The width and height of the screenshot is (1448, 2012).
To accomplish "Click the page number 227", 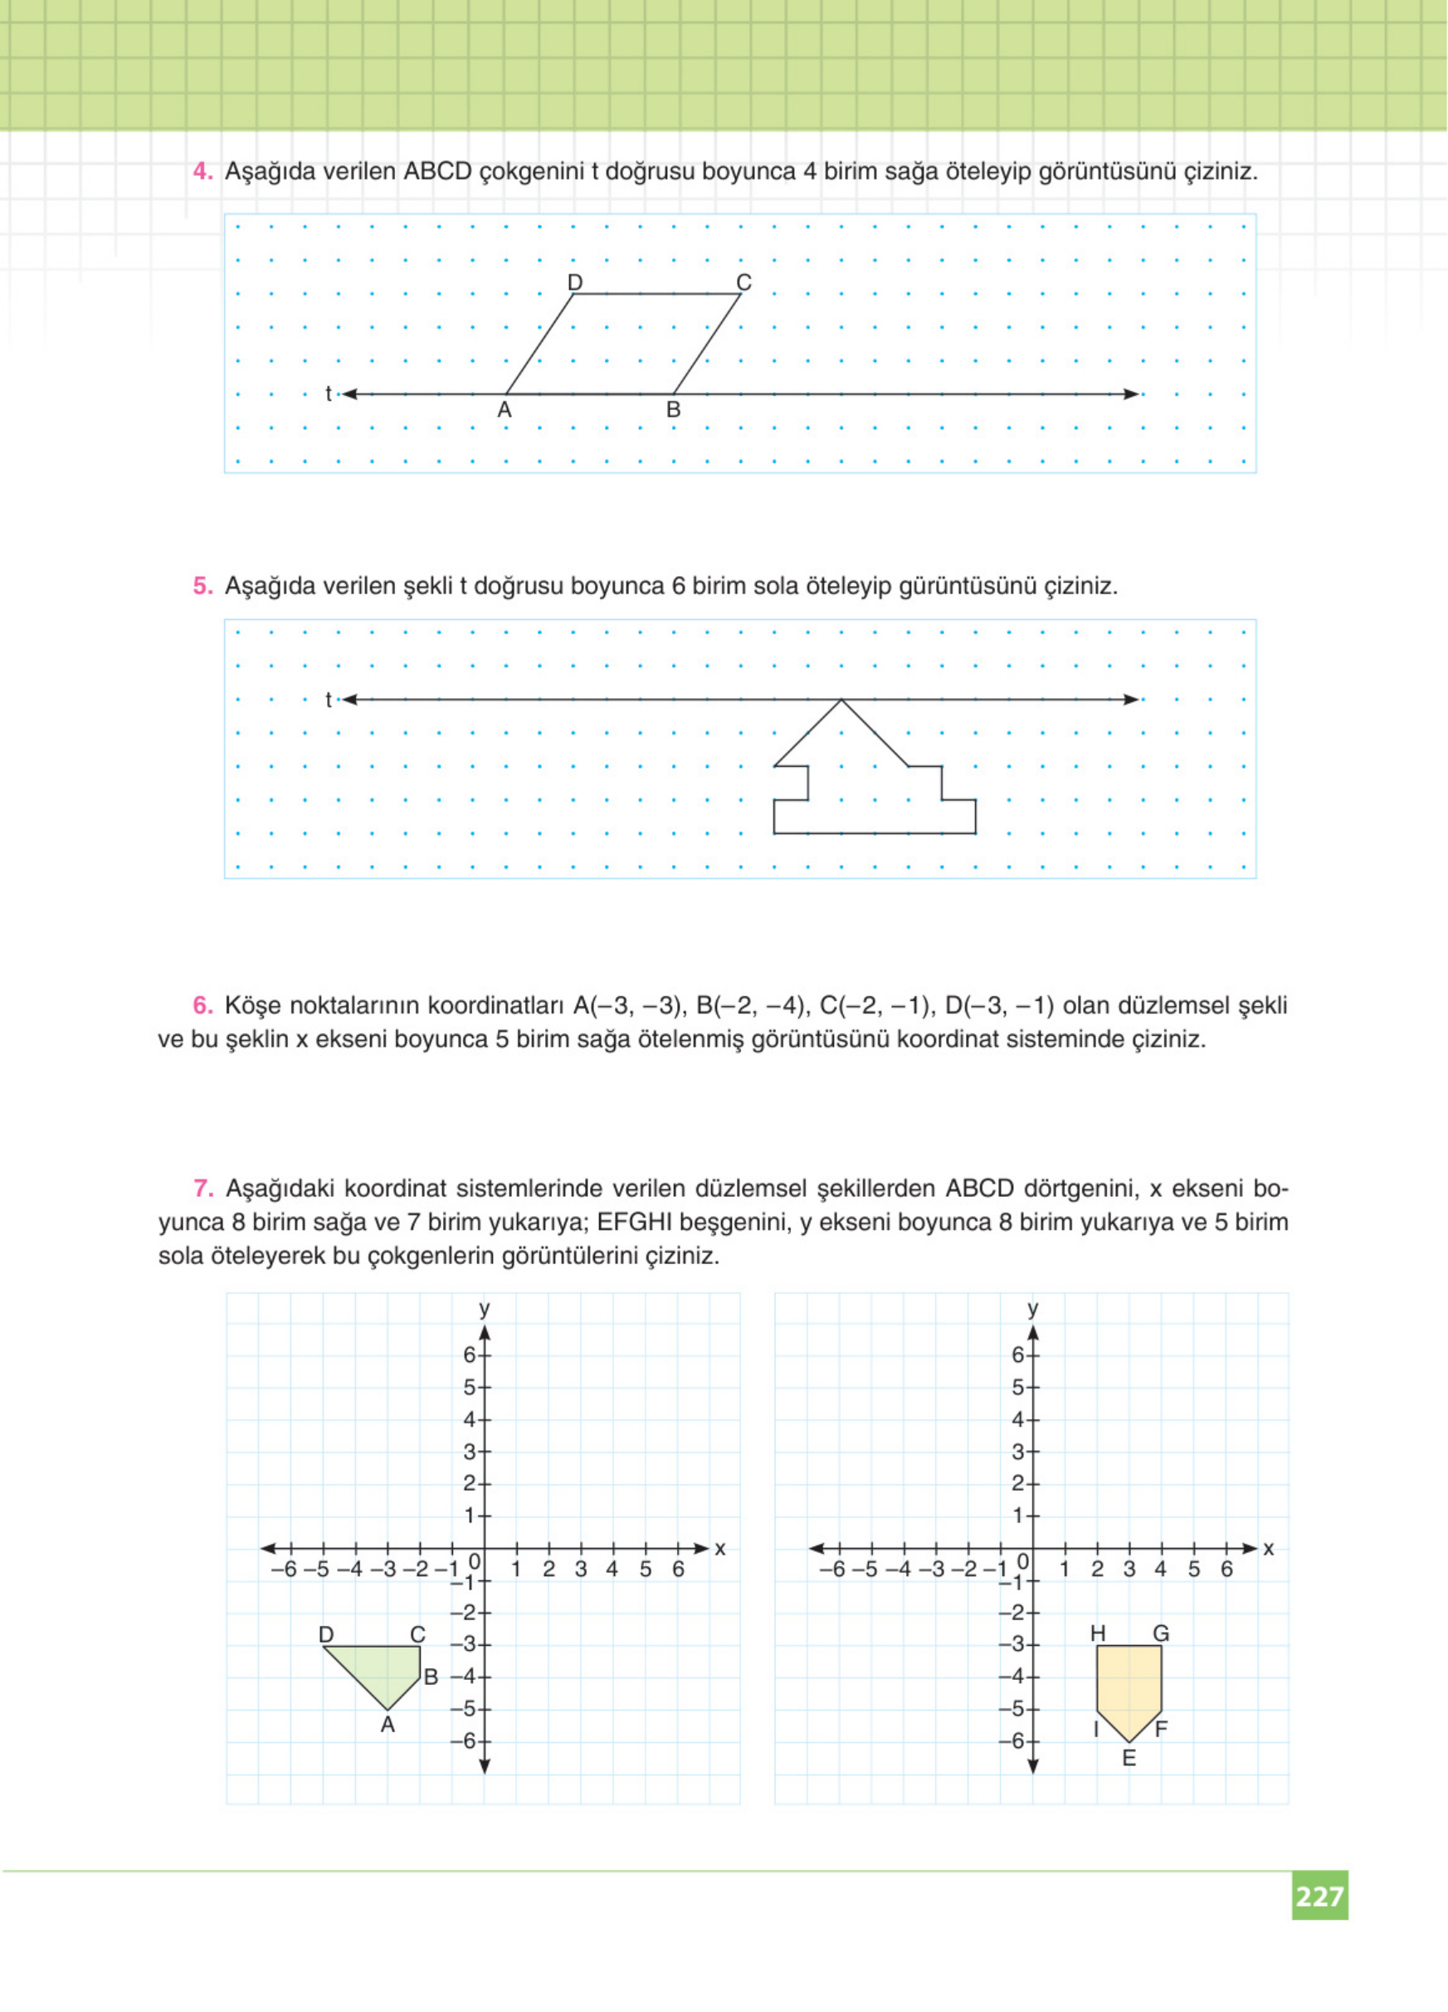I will [1319, 1896].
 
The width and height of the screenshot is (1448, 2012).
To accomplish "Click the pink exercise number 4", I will [202, 171].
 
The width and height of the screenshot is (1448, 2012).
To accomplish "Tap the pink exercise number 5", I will [202, 586].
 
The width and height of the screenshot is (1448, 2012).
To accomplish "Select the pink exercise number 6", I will [202, 1006].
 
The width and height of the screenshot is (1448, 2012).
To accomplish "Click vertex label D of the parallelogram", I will [574, 282].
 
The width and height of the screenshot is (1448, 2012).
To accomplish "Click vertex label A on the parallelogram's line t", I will [505, 410].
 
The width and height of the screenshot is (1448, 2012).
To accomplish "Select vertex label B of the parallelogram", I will [673, 410].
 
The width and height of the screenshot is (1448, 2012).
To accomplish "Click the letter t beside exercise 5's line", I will [328, 700].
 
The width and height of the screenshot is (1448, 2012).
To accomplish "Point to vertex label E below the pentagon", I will [1129, 1758].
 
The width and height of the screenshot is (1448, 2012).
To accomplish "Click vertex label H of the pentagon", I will [1098, 1634].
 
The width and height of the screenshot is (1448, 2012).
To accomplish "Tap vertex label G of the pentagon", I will [1161, 1634].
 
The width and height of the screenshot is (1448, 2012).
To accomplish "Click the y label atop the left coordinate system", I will [484, 1308].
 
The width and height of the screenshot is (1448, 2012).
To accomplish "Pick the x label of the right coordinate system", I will [1268, 1548].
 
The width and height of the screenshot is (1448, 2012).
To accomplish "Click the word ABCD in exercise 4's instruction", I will [437, 171].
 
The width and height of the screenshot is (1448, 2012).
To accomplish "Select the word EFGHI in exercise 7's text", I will [635, 1223].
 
